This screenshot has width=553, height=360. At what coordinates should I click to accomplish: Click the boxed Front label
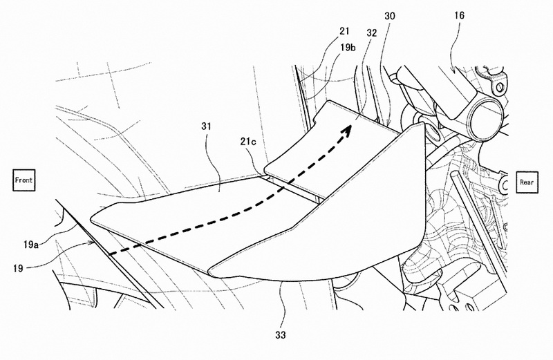click(x=24, y=180)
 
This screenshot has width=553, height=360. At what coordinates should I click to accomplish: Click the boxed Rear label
click(x=527, y=182)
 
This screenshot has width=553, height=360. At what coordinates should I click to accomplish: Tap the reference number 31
click(x=206, y=126)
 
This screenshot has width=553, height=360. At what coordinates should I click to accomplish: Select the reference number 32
click(x=372, y=32)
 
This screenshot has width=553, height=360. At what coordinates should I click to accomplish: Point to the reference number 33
click(x=281, y=335)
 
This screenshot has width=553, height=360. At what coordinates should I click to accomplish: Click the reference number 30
click(x=390, y=16)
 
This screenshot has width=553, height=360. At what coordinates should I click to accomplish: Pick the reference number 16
click(x=460, y=15)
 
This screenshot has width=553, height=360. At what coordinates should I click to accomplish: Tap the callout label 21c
click(x=248, y=142)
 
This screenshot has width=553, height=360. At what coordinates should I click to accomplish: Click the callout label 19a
click(x=30, y=245)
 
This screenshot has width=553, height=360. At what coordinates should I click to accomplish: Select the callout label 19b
click(x=348, y=48)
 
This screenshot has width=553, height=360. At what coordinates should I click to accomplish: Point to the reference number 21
click(x=344, y=31)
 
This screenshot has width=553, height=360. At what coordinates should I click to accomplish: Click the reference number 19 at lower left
click(x=18, y=268)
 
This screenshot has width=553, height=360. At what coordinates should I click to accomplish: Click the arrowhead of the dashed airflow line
click(x=346, y=131)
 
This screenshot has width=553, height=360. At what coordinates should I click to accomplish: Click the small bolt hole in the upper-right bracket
click(x=499, y=87)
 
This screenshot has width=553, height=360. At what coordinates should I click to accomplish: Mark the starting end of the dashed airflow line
click(x=110, y=254)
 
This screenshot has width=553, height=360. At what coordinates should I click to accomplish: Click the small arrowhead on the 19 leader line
click(x=92, y=243)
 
